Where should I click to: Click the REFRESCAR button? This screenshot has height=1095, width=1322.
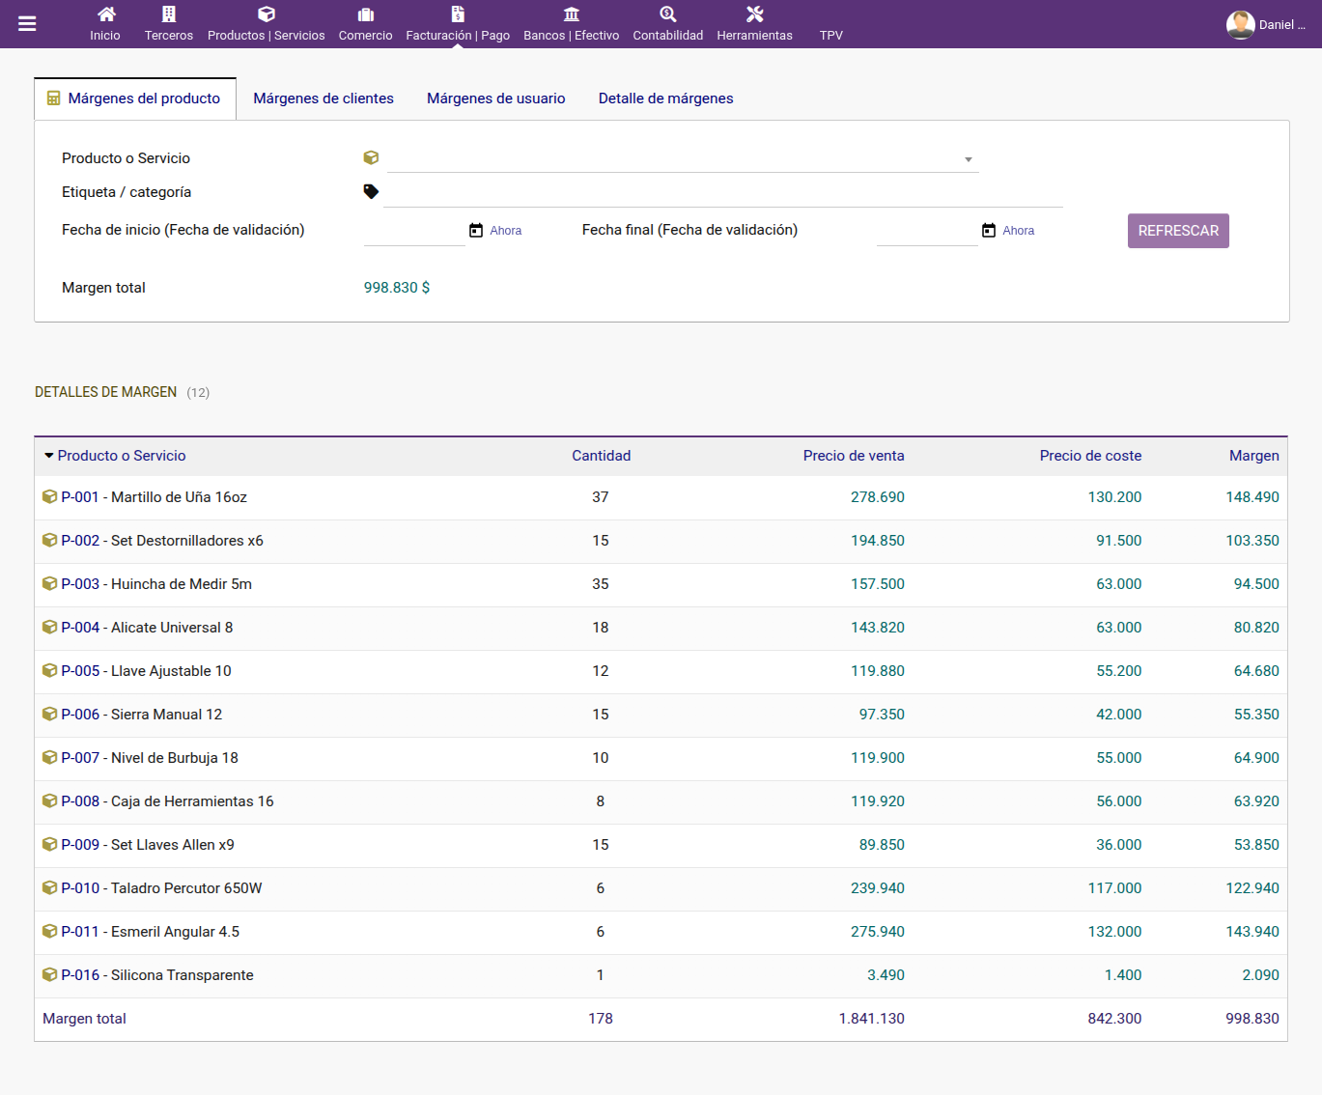[1178, 231]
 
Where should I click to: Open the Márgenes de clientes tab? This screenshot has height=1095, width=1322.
[323, 98]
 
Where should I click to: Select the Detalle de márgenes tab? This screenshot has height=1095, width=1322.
[665, 98]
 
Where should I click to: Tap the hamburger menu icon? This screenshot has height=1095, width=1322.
[27, 24]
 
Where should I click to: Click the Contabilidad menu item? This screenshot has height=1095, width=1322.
[667, 24]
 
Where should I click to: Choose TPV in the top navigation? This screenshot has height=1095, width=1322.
[830, 35]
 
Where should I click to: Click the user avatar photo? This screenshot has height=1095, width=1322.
[1240, 25]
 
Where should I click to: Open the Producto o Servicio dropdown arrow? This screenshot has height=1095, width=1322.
[968, 159]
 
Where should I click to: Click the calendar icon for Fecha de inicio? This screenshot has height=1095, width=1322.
[475, 230]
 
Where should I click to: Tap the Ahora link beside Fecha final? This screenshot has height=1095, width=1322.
[1018, 231]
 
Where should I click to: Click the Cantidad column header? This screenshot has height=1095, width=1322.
[601, 456]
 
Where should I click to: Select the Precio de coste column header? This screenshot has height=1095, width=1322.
[1090, 456]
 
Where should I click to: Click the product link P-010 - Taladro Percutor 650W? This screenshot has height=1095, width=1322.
[161, 888]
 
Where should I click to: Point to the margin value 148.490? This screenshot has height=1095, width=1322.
[1252, 497]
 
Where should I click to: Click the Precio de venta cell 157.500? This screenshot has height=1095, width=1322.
[877, 584]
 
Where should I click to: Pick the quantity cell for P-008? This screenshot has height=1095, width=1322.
[601, 801]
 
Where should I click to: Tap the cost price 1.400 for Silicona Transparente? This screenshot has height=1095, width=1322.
[1122, 974]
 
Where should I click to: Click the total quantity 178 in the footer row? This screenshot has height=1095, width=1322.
[601, 1019]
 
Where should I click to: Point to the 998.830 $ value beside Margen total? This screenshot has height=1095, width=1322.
[396, 288]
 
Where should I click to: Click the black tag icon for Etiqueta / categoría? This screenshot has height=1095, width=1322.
[371, 191]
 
